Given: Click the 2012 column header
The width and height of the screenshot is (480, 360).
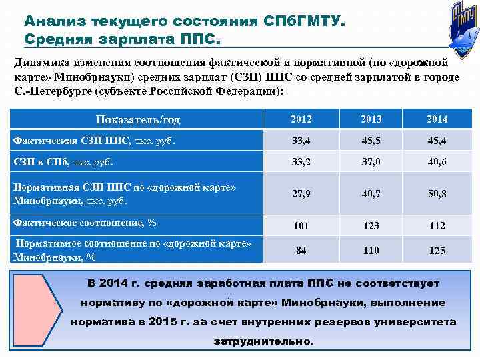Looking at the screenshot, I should [301, 119].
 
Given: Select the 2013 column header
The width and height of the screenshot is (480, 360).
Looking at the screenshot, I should [371, 119].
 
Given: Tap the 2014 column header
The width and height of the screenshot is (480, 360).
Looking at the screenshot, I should [437, 119].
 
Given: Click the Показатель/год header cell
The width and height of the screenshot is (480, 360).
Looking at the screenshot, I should [138, 120].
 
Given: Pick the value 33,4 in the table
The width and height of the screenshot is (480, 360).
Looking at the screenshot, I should [301, 141].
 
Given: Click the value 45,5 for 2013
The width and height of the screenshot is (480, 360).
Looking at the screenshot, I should [371, 141].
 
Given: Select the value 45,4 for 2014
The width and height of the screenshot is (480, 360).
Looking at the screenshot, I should [437, 141].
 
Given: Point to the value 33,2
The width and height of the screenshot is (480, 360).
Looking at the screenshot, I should [301, 162].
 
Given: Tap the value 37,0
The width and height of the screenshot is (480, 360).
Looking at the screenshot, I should [371, 162].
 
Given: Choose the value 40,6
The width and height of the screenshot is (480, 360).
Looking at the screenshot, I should [437, 162].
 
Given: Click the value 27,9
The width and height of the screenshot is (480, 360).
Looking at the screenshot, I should [301, 194].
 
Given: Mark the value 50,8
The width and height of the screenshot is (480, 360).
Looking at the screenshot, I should [437, 194].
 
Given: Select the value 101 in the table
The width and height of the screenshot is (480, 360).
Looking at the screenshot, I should [301, 225].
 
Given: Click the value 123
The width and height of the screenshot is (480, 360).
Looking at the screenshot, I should [371, 225].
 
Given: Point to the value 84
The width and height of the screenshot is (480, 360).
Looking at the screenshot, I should [301, 250].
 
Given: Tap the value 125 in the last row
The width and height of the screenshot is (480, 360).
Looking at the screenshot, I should [437, 250].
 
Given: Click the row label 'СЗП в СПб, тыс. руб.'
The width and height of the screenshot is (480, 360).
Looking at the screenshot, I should [63, 161].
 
